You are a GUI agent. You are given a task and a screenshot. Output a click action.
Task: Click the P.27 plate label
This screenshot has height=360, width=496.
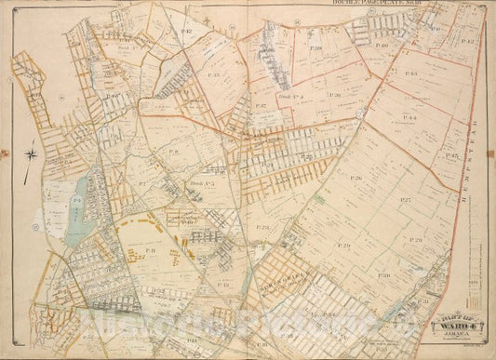coord(406,199)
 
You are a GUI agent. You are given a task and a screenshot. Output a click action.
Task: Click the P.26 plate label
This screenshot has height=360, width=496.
coord(355,177)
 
